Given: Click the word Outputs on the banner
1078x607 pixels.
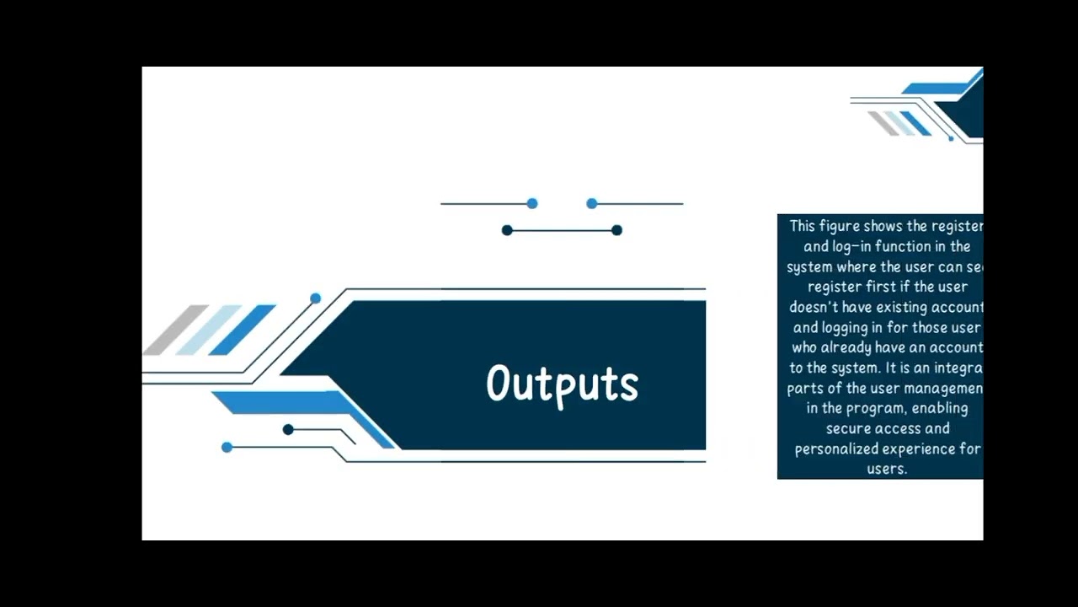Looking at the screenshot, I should click(x=562, y=384).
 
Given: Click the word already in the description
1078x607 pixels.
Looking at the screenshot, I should click(x=846, y=347).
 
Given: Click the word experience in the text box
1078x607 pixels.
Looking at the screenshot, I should click(x=921, y=449).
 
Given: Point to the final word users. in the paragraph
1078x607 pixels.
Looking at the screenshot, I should click(x=886, y=469).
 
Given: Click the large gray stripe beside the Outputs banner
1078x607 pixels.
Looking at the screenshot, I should click(x=175, y=330).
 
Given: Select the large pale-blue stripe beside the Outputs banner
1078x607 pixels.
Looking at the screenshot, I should click(x=208, y=330).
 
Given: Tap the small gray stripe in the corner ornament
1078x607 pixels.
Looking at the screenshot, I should click(x=883, y=123).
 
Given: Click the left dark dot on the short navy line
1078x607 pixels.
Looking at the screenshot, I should click(x=507, y=230).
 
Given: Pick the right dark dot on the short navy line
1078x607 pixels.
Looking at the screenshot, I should click(x=616, y=230).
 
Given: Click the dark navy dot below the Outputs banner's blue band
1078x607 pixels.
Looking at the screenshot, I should click(x=288, y=429).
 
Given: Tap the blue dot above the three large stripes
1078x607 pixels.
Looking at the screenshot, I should click(x=315, y=298).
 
